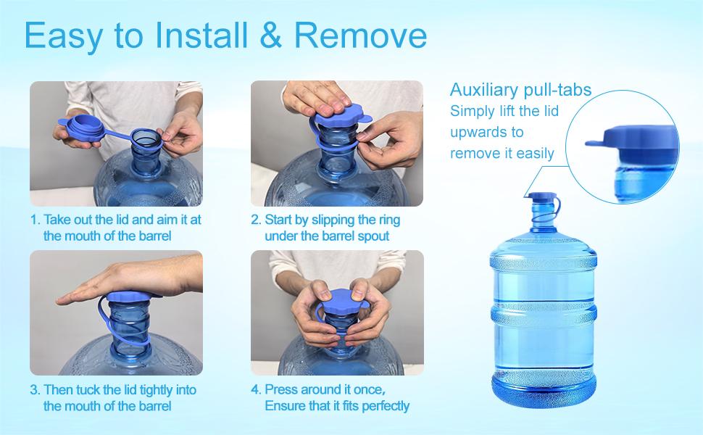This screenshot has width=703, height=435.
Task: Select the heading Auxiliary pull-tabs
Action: tap(520, 90)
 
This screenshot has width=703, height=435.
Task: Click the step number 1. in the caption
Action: tap(35, 219)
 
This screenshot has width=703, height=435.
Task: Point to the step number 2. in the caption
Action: tap(256, 219)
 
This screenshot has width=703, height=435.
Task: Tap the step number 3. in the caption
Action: tap(35, 389)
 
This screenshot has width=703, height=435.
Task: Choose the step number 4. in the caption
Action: tap(256, 389)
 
